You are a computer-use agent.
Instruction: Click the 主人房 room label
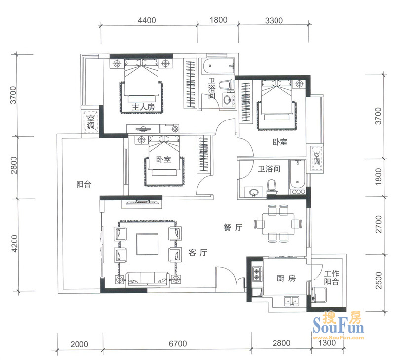point(143,107)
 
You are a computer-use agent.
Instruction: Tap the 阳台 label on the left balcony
point(83,184)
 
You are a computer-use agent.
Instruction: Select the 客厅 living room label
point(198,252)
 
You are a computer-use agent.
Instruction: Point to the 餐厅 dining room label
point(233,227)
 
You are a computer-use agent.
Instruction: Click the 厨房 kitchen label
point(286,279)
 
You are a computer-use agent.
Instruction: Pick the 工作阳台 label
point(331,278)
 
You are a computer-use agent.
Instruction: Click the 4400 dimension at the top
point(147,20)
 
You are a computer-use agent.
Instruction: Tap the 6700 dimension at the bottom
point(178,344)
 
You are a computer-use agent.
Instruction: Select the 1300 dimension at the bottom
point(327,343)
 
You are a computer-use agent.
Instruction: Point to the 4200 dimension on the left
point(15,243)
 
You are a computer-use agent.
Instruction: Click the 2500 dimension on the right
point(378,280)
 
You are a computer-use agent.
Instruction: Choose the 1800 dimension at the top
point(218,20)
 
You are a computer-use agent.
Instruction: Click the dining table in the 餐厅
point(278,224)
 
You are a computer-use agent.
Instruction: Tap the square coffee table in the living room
point(148,244)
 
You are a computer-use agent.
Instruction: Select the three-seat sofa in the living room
point(147,279)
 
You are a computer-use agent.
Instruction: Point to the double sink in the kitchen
point(291,301)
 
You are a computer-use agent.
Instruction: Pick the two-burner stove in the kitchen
point(257,274)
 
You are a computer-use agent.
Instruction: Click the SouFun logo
point(338,325)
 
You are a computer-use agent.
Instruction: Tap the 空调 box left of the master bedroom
point(90,122)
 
